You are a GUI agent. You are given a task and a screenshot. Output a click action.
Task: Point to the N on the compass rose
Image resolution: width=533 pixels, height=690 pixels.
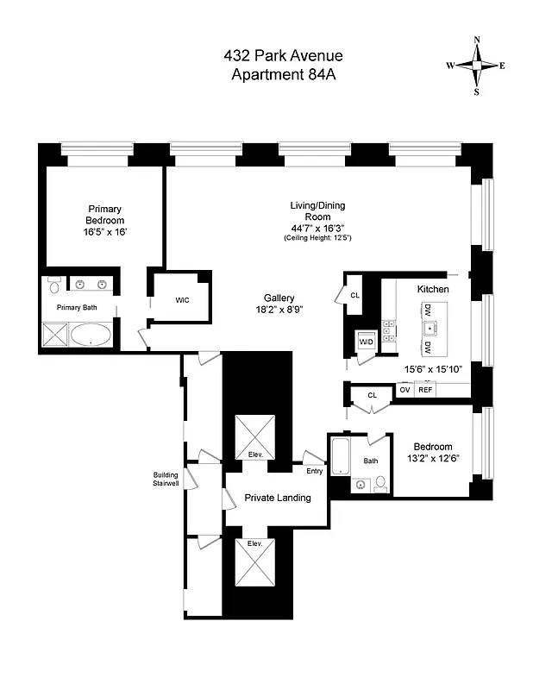point(476,40)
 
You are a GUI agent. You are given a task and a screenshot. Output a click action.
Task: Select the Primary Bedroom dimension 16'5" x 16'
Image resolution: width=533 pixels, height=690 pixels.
point(104,232)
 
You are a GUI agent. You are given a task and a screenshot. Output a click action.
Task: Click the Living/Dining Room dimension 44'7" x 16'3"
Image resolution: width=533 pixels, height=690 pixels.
point(317,228)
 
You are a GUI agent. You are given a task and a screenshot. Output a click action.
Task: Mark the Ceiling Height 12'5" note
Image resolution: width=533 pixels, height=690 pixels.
point(317,238)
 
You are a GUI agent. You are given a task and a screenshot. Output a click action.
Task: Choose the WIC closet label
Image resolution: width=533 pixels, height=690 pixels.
point(182,300)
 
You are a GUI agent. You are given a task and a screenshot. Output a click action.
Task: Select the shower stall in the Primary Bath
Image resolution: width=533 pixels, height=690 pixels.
point(54,334)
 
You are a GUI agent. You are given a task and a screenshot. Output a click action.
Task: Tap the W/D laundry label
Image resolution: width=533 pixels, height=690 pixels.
point(366,342)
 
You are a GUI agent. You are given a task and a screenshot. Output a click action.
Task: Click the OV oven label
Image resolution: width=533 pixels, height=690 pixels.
point(404,390)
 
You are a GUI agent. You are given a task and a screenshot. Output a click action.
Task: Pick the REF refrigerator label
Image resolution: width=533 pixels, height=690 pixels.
point(425,390)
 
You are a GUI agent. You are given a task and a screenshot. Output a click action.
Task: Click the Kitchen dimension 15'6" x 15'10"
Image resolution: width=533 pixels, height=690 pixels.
point(434,369)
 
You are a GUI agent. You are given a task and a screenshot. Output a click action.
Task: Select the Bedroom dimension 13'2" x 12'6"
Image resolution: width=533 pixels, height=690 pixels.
point(432,457)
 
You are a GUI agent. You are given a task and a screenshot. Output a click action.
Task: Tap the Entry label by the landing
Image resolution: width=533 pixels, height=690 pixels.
point(315,470)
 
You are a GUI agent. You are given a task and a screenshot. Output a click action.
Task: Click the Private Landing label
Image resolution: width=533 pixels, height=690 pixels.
point(277,498)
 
